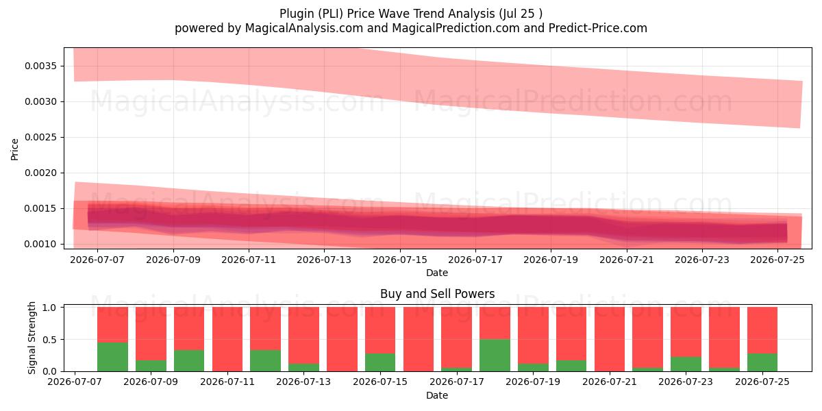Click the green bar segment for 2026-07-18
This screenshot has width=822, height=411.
(495, 356)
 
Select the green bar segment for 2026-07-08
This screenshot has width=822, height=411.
(112, 357)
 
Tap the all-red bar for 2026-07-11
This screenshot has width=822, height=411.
(227, 339)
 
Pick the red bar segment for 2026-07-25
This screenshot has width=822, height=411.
(762, 330)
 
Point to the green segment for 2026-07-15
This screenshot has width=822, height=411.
(380, 362)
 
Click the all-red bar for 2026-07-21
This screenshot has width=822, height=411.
(610, 339)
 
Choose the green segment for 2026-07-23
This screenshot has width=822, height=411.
(686, 364)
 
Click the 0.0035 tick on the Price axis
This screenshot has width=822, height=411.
(40, 66)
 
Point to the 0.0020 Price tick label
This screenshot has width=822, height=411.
(40, 173)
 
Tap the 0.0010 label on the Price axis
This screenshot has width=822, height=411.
(40, 244)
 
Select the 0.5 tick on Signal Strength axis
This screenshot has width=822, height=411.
(49, 340)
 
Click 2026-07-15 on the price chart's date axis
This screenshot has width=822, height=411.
(400, 260)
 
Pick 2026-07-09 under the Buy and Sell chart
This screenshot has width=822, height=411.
(151, 382)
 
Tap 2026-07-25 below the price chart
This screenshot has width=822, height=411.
(777, 260)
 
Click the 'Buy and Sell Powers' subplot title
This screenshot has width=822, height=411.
(438, 294)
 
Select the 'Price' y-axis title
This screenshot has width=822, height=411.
(14, 149)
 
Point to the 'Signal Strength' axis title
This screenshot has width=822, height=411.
(32, 338)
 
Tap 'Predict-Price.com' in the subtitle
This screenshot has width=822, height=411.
(598, 28)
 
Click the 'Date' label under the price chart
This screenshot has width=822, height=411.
(437, 273)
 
